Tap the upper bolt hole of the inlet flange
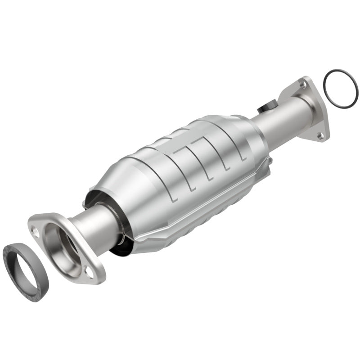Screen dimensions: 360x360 click(34, 230)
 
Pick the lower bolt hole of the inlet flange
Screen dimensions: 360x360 click(89, 272)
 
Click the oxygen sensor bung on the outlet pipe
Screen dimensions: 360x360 click(265, 108)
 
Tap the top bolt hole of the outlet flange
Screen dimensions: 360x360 click(301, 85)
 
